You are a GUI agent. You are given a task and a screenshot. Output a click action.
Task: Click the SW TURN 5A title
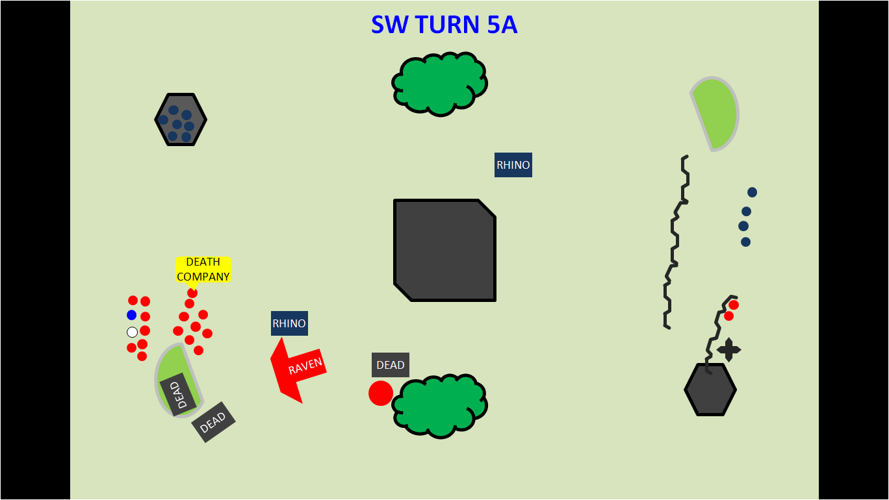pos(444,25)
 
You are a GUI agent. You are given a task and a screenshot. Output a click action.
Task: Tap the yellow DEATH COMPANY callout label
pos(203,269)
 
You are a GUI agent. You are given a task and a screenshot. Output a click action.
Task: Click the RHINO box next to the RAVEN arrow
pos(289,323)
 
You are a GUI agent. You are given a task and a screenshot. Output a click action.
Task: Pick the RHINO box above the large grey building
pos(513,165)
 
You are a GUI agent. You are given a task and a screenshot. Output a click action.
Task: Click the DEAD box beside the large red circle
pos(390,365)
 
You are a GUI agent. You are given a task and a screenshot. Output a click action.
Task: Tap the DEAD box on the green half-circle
pos(174,394)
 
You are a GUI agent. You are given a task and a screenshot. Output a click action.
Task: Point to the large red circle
pos(381,394)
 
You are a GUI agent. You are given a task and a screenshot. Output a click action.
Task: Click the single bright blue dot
pos(132,315)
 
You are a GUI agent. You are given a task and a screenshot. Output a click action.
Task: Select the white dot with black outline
pos(133,332)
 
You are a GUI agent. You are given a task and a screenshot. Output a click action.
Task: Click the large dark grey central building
pos(444,250)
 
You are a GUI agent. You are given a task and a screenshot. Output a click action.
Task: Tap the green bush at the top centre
pos(440,84)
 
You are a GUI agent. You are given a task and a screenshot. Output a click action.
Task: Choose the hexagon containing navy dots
pos(181,119)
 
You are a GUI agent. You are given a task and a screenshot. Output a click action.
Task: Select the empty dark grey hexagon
pos(710,390)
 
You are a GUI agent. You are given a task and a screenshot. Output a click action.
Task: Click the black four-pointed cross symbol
pos(728,350)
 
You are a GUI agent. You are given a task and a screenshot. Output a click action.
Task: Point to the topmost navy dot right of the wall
pos(752,192)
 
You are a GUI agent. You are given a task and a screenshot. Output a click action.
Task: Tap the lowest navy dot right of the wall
pos(745,242)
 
